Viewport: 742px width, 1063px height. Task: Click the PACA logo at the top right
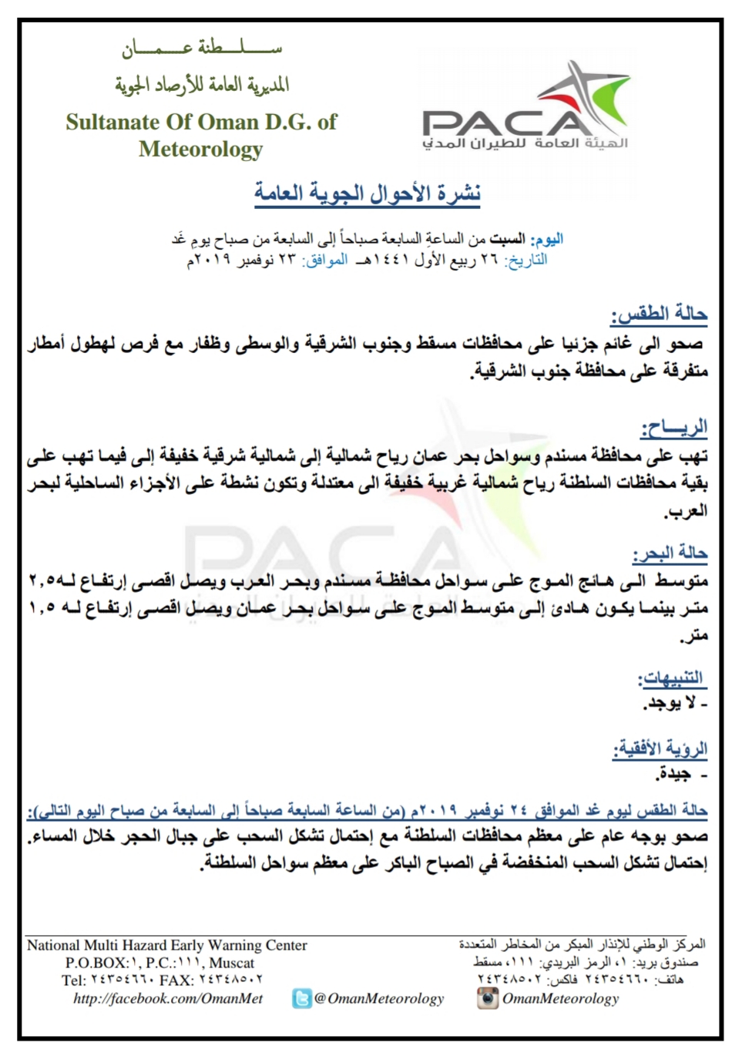point(526,108)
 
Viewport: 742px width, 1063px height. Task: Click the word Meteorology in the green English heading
point(200,149)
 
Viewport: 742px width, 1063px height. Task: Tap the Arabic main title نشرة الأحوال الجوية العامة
point(368,193)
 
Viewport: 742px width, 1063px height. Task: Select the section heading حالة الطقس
point(660,314)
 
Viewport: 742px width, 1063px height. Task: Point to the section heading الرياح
point(673,427)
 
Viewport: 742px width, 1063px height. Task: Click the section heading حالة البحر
point(670,553)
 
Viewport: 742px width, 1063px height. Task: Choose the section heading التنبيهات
point(671,678)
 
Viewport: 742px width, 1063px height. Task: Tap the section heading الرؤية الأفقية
point(660,748)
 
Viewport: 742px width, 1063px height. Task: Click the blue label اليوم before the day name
point(548,239)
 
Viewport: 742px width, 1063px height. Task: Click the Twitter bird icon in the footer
point(302,999)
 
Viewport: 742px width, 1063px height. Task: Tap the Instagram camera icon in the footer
point(487,998)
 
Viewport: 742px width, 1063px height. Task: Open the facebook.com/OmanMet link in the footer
point(168,998)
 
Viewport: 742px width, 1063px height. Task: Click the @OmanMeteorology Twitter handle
point(379,999)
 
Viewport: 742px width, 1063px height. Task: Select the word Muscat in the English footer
point(232,963)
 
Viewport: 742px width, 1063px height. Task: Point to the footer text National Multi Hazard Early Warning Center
point(167,945)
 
